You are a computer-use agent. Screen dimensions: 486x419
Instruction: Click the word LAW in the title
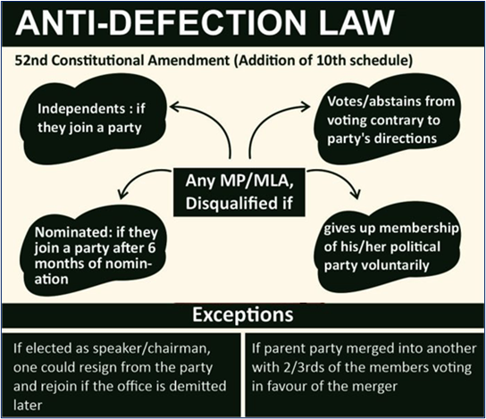(x=356, y=22)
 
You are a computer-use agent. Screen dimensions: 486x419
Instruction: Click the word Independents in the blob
(x=81, y=109)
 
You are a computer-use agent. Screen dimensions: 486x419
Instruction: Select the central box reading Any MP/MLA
(x=239, y=192)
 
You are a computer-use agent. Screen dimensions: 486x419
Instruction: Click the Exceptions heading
(x=243, y=314)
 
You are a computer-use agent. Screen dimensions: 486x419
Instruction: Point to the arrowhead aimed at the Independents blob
(x=174, y=107)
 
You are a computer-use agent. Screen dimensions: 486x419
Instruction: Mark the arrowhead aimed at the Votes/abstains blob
(x=305, y=107)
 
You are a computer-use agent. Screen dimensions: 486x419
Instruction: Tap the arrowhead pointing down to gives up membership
(x=356, y=194)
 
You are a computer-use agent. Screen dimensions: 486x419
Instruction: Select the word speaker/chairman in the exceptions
(x=149, y=349)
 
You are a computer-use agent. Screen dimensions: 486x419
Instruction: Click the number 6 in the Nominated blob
(x=151, y=248)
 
